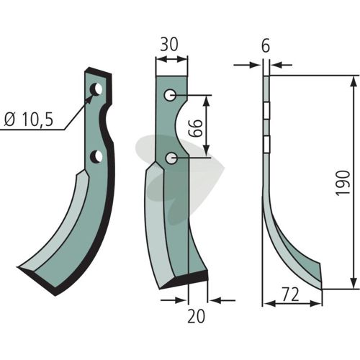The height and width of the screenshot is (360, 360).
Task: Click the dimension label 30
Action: point(169,45)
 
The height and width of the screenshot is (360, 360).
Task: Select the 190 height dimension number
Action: point(343,183)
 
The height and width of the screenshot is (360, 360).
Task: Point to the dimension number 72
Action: point(291,294)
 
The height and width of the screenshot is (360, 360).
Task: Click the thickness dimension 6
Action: point(266,46)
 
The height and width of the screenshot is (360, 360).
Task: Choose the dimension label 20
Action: point(197,316)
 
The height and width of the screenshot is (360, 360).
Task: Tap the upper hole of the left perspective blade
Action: point(96,89)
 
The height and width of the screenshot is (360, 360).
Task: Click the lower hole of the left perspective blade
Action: point(96,156)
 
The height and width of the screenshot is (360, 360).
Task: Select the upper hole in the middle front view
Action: point(171,95)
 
